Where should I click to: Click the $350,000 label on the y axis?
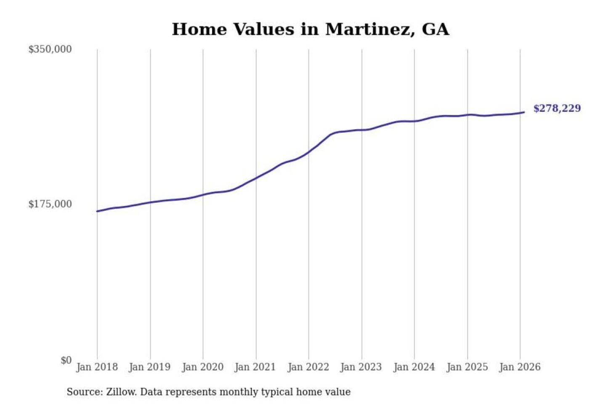click(x=50, y=49)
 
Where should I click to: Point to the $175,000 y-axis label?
click(x=50, y=204)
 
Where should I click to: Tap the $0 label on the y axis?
click(x=66, y=360)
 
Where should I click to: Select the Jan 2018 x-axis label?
click(x=97, y=367)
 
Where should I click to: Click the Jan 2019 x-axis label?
click(x=150, y=367)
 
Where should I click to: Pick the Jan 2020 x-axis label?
click(x=202, y=367)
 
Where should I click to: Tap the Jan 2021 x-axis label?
click(x=255, y=367)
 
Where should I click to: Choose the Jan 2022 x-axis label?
click(x=308, y=367)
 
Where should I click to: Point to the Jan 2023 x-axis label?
click(x=361, y=367)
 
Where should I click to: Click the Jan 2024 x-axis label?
click(x=414, y=367)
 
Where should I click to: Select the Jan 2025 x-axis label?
click(x=467, y=367)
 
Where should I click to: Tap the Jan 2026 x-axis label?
click(x=519, y=367)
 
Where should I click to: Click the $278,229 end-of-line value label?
click(x=557, y=109)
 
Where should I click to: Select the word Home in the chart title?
click(x=199, y=29)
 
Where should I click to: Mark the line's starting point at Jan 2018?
click(x=97, y=211)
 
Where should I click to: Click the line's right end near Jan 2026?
click(x=524, y=112)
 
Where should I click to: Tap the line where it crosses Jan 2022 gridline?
click(x=308, y=152)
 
